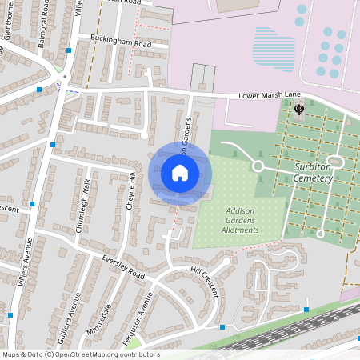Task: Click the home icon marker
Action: click(180, 172)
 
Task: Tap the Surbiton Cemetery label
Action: click(306, 173)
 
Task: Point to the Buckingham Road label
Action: click(120, 43)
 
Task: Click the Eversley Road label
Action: click(124, 267)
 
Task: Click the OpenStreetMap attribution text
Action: click(80, 354)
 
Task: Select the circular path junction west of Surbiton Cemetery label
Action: click(258, 166)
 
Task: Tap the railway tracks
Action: click(280, 328)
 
